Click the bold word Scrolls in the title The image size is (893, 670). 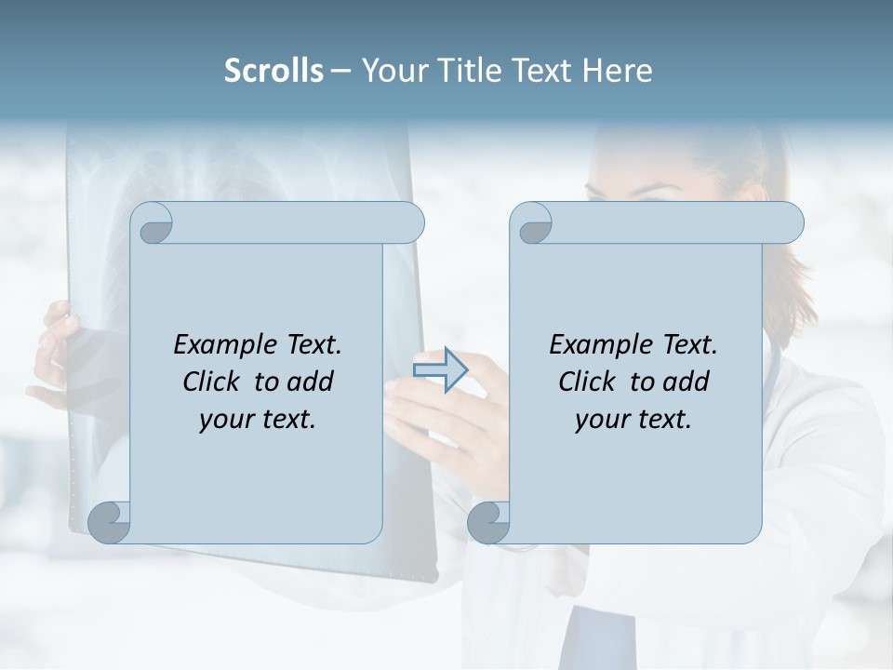click(x=273, y=71)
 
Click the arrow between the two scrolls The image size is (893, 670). click(x=440, y=369)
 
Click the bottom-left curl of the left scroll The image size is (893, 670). click(x=110, y=522)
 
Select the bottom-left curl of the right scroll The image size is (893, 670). click(x=488, y=522)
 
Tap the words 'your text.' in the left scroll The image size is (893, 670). click(x=258, y=419)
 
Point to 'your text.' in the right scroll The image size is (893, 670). click(x=633, y=419)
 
